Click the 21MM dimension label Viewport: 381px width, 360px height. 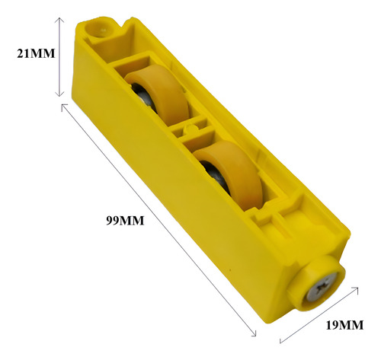pyautogui.click(x=36, y=53)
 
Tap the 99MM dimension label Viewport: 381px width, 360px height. pyautogui.click(x=125, y=221)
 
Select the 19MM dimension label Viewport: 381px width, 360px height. pyautogui.click(x=344, y=325)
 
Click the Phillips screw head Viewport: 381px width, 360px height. pyautogui.click(x=322, y=287)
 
